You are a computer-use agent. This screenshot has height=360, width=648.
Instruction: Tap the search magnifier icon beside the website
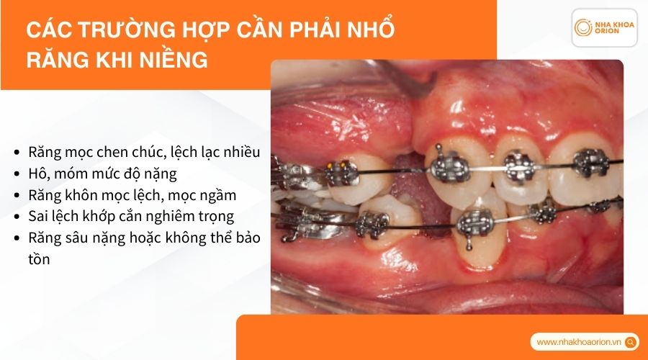tap(631, 342)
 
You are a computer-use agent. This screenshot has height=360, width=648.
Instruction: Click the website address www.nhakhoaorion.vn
tap(580, 342)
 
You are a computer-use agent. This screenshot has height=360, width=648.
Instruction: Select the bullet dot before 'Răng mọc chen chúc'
tap(17, 153)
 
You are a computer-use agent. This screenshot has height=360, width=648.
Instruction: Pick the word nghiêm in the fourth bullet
tap(161, 215)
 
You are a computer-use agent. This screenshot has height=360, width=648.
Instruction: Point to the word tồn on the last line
tap(39, 258)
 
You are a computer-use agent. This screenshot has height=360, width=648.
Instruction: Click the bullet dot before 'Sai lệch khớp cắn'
tap(17, 216)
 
